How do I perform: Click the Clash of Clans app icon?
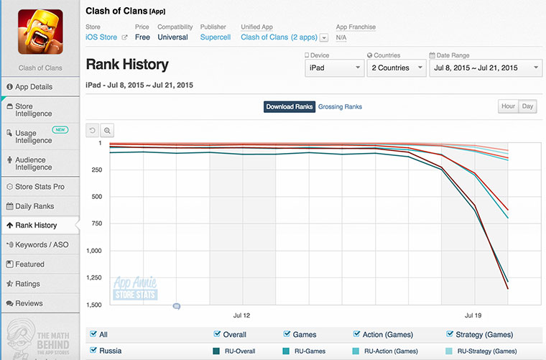[40, 32]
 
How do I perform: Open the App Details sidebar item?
[40, 87]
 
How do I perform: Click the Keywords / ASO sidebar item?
[40, 245]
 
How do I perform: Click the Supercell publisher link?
[216, 37]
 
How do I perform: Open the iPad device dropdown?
[335, 68]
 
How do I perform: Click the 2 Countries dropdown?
[395, 68]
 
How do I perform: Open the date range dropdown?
[485, 68]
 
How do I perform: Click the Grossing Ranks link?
[340, 107]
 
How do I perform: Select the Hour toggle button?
[508, 106]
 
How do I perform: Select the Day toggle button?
[528, 106]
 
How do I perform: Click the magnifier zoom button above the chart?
[107, 131]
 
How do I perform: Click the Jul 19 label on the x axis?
[473, 315]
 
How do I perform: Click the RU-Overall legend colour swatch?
[216, 351]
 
